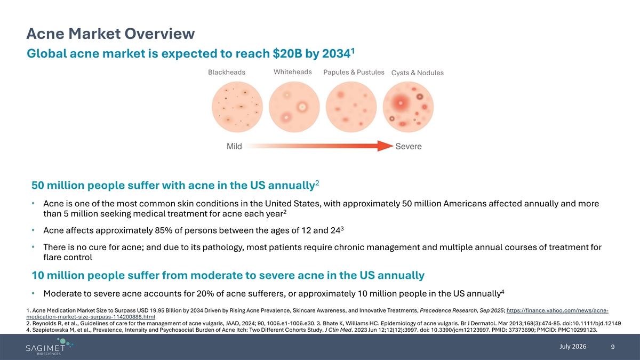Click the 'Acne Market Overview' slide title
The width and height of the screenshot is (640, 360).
110,34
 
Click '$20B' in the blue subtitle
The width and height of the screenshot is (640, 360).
287,53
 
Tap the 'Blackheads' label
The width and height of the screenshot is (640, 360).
227,73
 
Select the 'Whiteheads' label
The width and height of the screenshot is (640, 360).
293,72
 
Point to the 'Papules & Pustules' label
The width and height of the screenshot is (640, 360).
354,73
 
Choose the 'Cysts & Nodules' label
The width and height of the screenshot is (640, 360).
418,73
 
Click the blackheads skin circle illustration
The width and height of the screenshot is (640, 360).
237,107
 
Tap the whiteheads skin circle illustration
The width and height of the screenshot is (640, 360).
294,107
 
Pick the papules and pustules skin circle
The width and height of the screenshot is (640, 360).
351,107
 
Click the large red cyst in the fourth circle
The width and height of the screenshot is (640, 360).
401,102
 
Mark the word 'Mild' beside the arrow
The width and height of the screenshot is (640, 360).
234,146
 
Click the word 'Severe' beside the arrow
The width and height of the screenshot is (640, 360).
409,146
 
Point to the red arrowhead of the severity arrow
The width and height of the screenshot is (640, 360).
385,146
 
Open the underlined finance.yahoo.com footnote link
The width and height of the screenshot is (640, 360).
317,314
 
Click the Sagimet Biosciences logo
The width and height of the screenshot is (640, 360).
49,347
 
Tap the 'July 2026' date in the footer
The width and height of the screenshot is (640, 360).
573,347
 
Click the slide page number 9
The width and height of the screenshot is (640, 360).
613,347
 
